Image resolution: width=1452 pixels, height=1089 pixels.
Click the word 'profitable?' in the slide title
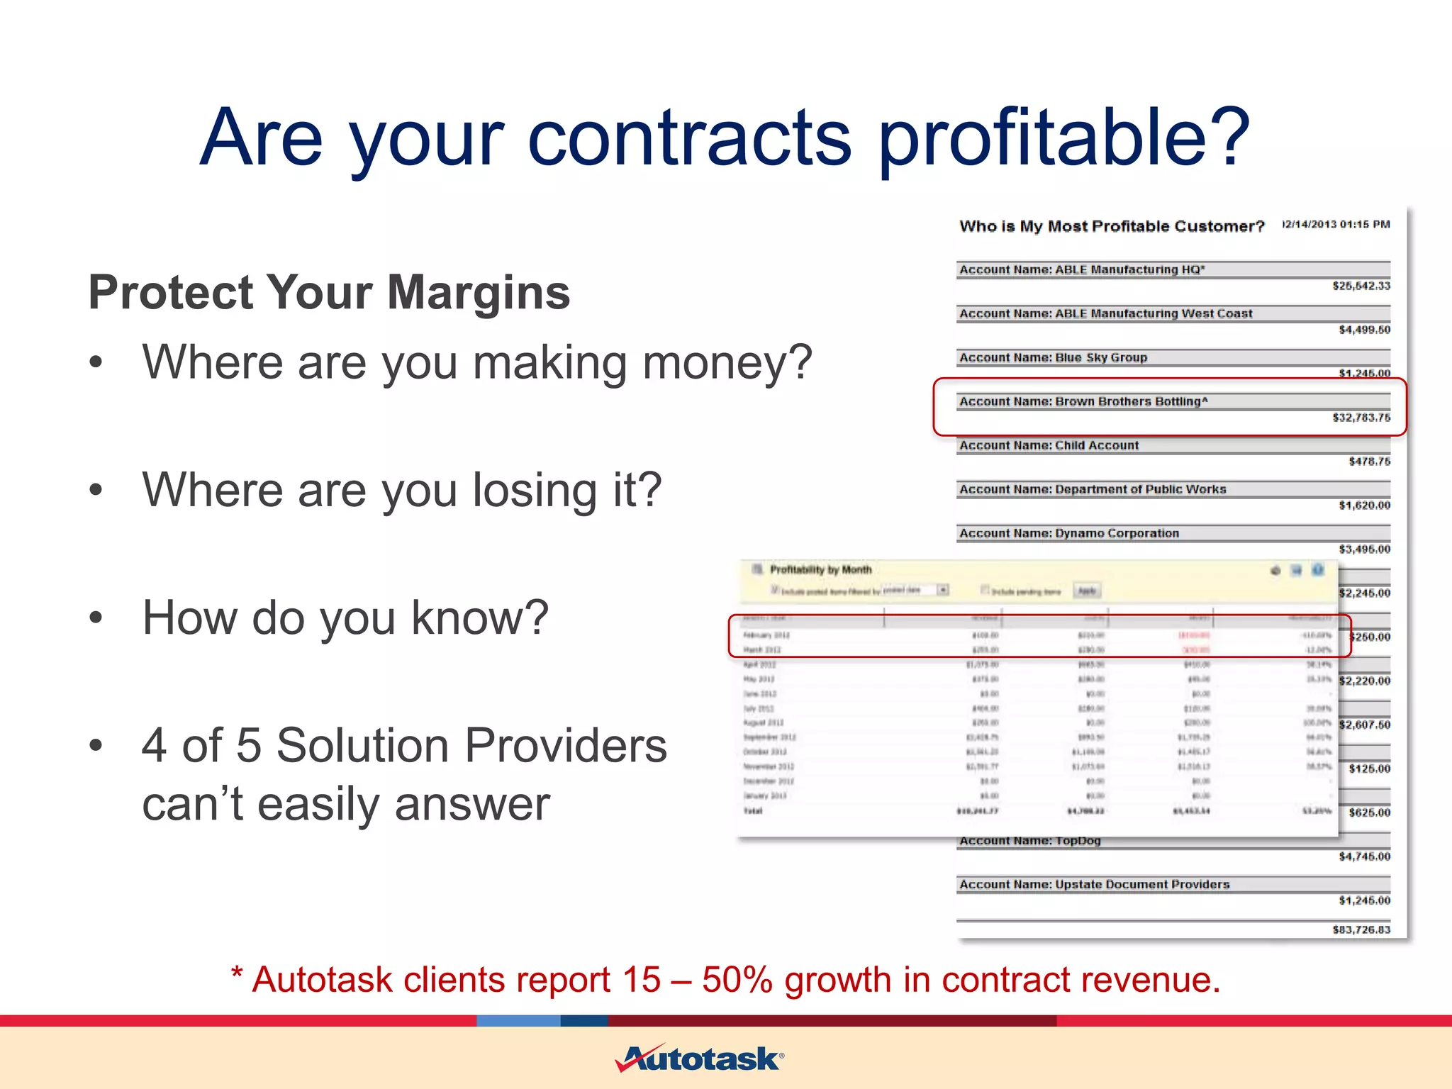pos(1063,138)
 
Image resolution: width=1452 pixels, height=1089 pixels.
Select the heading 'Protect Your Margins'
pos(329,292)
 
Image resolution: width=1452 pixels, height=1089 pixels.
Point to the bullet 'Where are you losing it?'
pos(401,490)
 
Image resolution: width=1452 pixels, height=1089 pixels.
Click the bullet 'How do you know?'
pos(345,618)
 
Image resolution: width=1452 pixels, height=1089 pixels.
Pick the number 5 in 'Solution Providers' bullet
pos(248,746)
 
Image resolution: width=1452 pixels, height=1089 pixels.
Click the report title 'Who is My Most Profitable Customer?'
pos(1112,226)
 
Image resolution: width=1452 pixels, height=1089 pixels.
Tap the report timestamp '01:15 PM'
pos(1365,224)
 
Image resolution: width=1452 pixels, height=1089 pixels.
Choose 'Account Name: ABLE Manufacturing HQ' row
pos(1082,269)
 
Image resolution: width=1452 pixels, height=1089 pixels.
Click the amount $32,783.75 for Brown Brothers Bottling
pos(1361,418)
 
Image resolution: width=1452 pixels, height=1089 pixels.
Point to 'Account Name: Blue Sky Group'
pos(1053,357)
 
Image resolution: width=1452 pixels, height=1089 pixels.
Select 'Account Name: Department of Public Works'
pos(1093,489)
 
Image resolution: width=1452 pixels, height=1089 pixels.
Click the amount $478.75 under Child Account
pos(1369,462)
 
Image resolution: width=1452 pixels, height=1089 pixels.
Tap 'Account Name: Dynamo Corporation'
pos(1069,533)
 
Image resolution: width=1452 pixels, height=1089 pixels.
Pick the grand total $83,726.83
pos(1361,929)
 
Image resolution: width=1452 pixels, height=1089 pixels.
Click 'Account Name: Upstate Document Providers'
pos(1094,884)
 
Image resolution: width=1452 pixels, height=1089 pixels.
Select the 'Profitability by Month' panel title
pos(820,569)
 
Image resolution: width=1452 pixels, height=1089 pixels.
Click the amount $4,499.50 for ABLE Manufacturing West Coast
pos(1364,330)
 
